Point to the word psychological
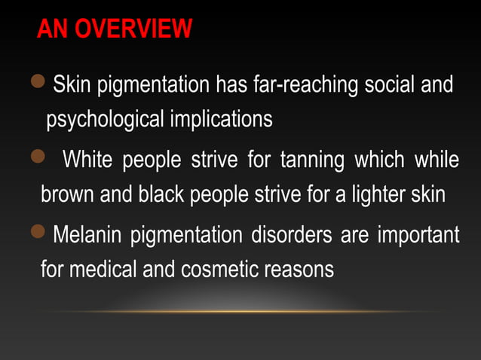coord(105,120)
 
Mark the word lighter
coord(375,194)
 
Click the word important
coord(418,236)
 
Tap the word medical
coord(102,269)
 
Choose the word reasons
coord(301,269)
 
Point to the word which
coord(378,161)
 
